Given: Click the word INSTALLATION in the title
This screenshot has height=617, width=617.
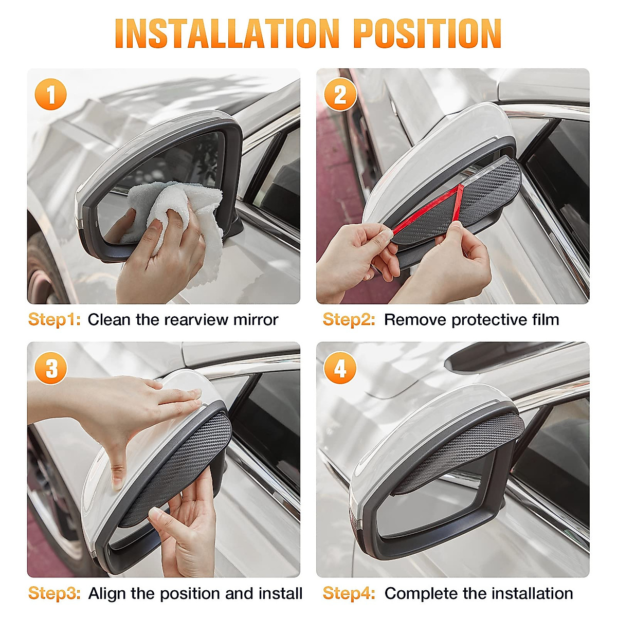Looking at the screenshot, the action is (x=227, y=33).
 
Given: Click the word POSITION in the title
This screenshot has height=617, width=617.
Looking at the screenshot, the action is (x=427, y=33).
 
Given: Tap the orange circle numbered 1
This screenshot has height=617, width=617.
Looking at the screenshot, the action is (x=50, y=94).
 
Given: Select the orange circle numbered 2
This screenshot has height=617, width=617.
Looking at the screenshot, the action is (x=340, y=94).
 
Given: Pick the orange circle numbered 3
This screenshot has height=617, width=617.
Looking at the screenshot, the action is (x=50, y=368).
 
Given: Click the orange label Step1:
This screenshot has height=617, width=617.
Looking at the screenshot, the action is (x=54, y=319).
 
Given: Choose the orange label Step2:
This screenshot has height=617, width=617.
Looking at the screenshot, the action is (x=349, y=319).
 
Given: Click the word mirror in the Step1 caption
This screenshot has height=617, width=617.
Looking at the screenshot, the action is (x=256, y=320).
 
